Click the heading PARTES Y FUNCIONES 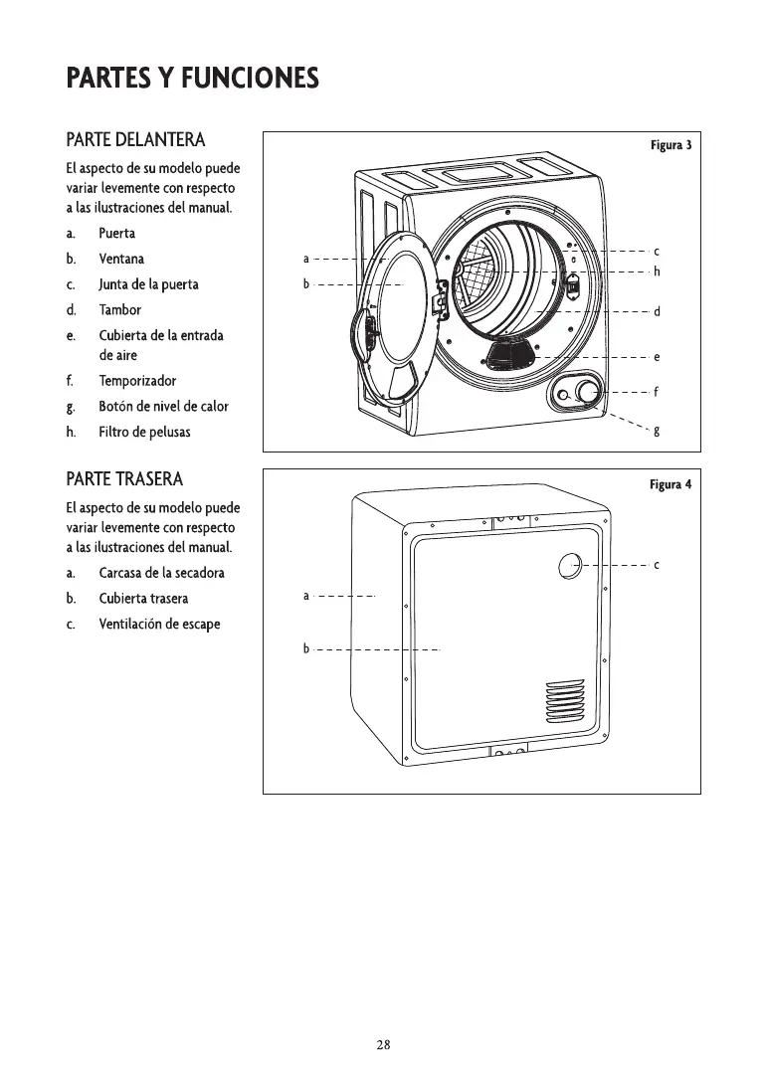pyautogui.click(x=192, y=78)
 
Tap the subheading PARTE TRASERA pyautogui.click(x=124, y=479)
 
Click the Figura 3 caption pyautogui.click(x=671, y=145)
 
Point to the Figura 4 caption pyautogui.click(x=671, y=485)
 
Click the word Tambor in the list pyautogui.click(x=119, y=309)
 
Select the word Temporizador pyautogui.click(x=137, y=381)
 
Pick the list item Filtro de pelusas pyautogui.click(x=144, y=433)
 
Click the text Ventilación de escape pyautogui.click(x=159, y=625)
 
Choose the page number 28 pyautogui.click(x=383, y=1044)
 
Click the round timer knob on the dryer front pyautogui.click(x=588, y=391)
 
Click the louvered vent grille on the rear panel pyautogui.click(x=564, y=703)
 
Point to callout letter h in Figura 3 pyautogui.click(x=658, y=272)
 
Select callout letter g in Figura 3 pyautogui.click(x=657, y=430)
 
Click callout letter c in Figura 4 pyautogui.click(x=658, y=565)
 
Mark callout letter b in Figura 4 pyautogui.click(x=306, y=649)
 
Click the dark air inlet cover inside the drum pyautogui.click(x=511, y=352)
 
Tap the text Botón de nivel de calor pyautogui.click(x=163, y=407)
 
